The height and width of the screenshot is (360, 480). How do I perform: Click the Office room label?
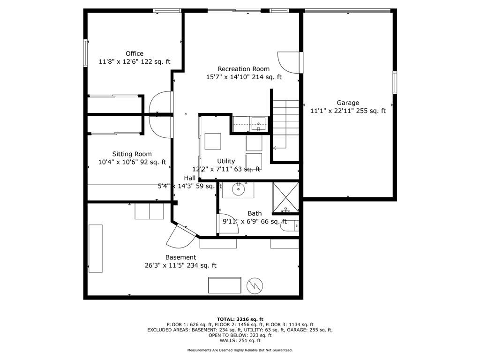tap(135, 53)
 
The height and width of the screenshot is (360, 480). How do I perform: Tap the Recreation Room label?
tap(244, 69)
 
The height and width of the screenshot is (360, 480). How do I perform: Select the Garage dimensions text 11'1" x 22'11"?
tap(332, 111)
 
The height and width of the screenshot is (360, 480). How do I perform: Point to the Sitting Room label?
tap(132, 154)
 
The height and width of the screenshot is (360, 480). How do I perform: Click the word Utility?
tap(226, 161)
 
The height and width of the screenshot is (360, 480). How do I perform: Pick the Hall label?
tap(190, 178)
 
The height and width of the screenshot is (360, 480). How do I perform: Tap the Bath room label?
tap(255, 213)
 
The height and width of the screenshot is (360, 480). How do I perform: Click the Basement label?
tap(180, 257)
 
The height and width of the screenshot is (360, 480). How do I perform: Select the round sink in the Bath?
tap(238, 190)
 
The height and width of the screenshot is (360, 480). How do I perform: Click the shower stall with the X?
tap(285, 197)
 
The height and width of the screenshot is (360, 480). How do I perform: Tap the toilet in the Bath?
tap(289, 226)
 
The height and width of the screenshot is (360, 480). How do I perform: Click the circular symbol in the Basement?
tap(255, 286)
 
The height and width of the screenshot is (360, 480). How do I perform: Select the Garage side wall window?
tap(395, 82)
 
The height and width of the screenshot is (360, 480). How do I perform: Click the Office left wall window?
tap(85, 52)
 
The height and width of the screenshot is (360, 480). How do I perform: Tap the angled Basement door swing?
tap(180, 237)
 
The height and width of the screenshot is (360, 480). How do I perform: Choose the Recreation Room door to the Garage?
tap(289, 62)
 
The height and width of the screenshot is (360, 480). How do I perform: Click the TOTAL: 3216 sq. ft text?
tap(240, 319)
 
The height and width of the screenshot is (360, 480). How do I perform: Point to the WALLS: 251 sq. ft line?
tap(240, 340)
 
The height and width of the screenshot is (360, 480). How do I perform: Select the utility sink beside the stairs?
tap(259, 124)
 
